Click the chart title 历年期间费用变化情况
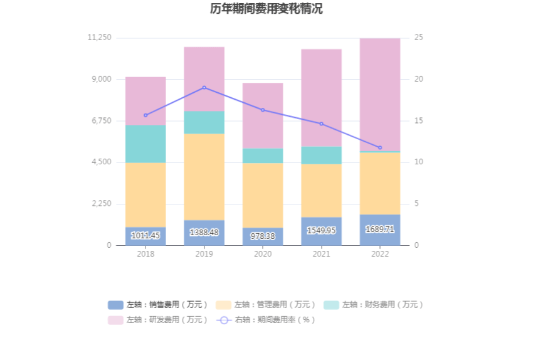[x=266, y=9]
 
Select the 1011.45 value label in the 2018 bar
[x=145, y=236]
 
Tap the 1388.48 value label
[x=204, y=233]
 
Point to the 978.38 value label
[x=263, y=236]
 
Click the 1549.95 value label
[x=321, y=231]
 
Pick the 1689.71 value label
[x=380, y=230]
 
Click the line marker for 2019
[x=204, y=88]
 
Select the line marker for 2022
[x=380, y=147]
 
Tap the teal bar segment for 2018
[x=145, y=144]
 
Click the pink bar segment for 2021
[x=321, y=98]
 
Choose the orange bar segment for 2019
[x=204, y=177]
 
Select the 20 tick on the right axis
[x=419, y=79]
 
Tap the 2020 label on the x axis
[x=263, y=254]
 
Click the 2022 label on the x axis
[x=380, y=254]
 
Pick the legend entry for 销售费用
[x=158, y=305]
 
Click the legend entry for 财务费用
[x=374, y=305]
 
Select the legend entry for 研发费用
[x=158, y=320]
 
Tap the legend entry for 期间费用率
[x=266, y=320]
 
